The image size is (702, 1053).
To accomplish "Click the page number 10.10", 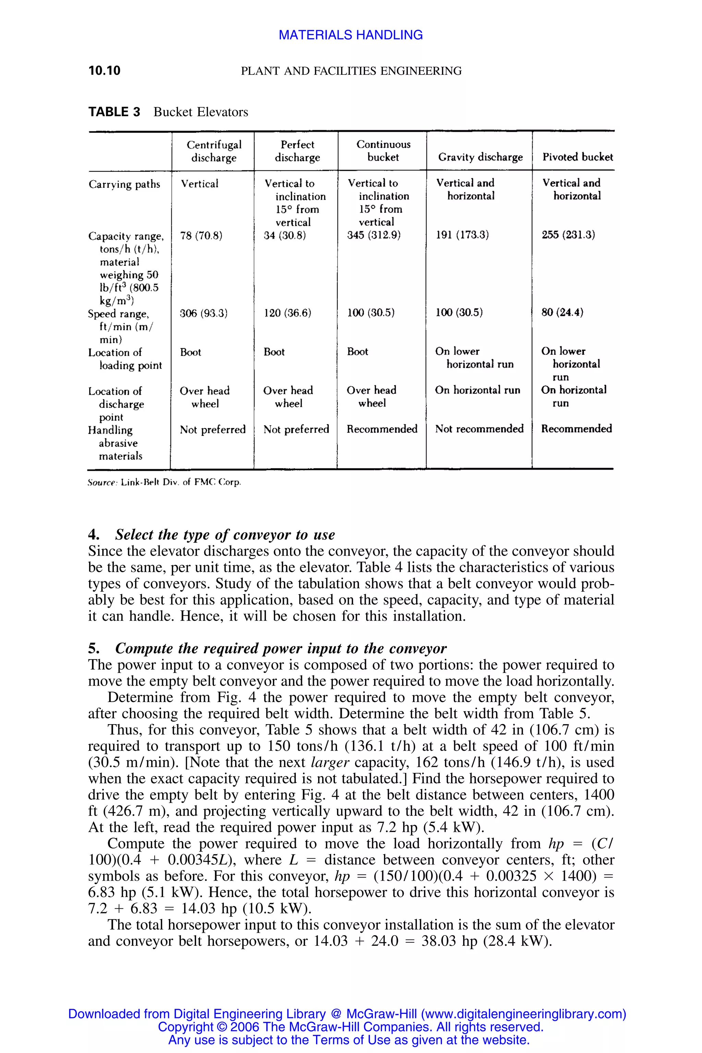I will click(x=104, y=71).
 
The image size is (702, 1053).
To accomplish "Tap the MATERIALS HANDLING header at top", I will click(x=351, y=35).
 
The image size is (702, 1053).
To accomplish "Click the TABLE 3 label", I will click(x=114, y=112).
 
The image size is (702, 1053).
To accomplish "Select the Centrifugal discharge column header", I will click(x=214, y=151).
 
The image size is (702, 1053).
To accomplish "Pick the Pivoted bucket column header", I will click(x=578, y=157).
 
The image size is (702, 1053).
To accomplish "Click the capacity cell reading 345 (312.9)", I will click(x=374, y=235).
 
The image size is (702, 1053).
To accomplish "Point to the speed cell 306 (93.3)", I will click(x=204, y=313).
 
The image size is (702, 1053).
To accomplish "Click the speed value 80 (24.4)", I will click(x=562, y=313).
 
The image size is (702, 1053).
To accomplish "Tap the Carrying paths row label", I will click(x=124, y=184).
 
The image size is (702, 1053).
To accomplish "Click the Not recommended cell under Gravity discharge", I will click(x=479, y=429).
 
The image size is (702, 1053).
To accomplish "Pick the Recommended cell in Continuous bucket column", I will click(x=382, y=429).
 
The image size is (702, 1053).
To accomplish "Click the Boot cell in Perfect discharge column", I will click(x=274, y=352).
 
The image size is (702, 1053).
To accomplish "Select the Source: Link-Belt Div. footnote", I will click(x=164, y=483).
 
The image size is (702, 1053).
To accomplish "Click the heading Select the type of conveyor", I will click(x=225, y=535).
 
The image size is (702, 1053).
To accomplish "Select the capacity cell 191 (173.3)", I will click(x=462, y=235).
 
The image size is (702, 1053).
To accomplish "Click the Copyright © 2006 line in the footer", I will click(x=351, y=1027).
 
